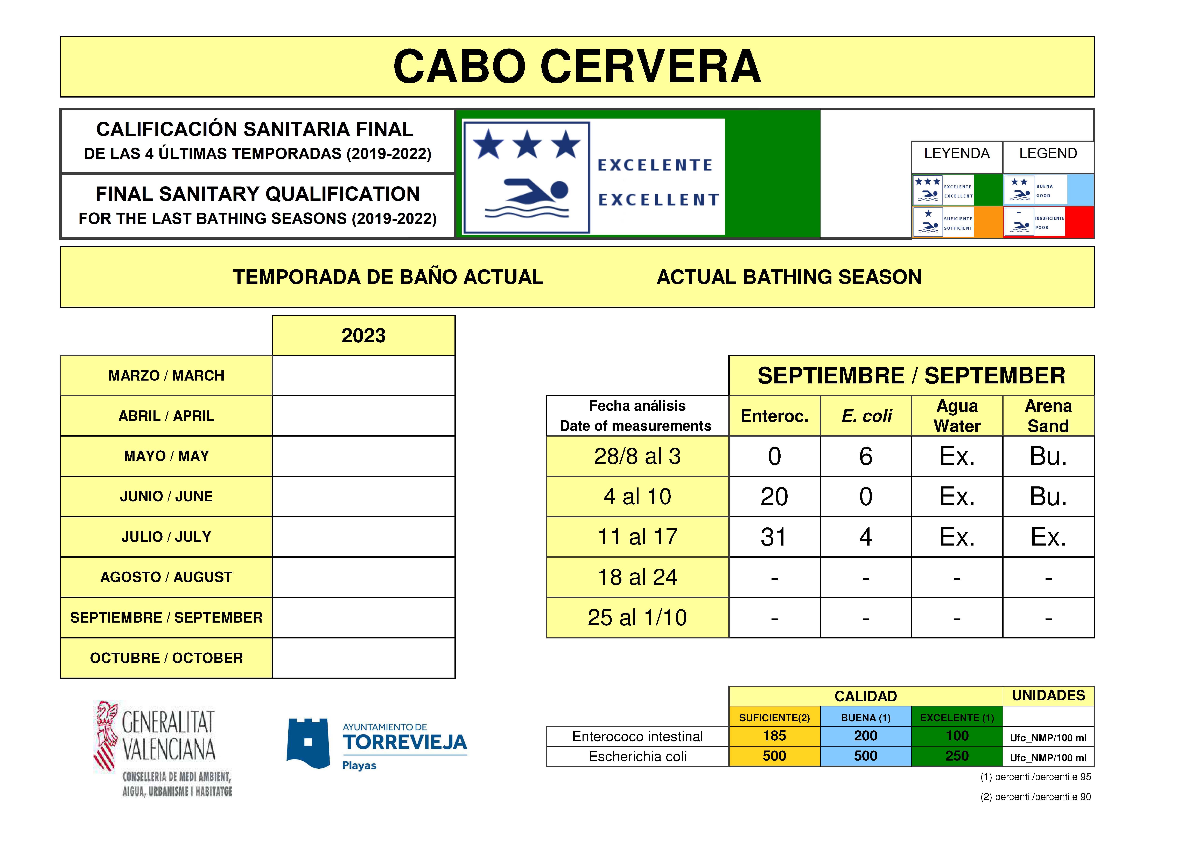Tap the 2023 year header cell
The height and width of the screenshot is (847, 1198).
364,336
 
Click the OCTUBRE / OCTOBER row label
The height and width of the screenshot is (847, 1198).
166,658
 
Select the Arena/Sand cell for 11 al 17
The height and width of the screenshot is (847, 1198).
1048,537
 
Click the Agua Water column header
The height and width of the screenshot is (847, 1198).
957,416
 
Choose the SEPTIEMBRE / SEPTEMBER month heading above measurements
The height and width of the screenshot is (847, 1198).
911,376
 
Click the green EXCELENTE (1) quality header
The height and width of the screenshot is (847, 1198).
957,718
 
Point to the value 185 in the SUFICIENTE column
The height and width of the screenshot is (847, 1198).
774,736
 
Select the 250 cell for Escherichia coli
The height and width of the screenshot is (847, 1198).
957,756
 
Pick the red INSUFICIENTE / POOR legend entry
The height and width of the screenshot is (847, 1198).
1048,222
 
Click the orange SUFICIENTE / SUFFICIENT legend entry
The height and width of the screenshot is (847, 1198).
957,222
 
